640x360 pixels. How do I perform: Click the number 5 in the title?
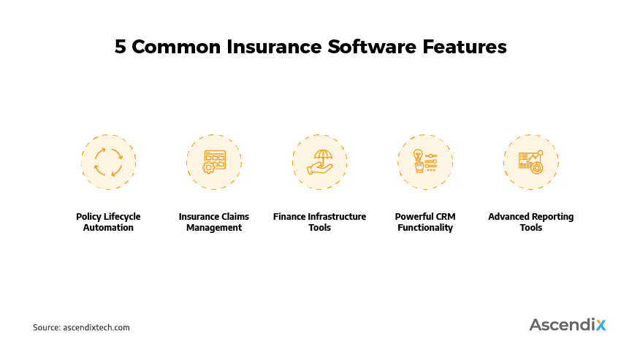click(x=121, y=47)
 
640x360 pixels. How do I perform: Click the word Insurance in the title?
click(x=274, y=47)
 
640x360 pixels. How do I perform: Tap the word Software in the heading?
click(x=371, y=47)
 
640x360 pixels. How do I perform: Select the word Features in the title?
click(x=465, y=47)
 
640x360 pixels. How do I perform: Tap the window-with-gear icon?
click(x=215, y=162)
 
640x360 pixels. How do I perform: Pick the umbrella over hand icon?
click(x=320, y=162)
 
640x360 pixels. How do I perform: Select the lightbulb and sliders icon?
click(x=425, y=161)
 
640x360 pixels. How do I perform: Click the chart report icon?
click(x=531, y=162)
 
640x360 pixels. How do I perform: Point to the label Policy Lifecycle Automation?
click(x=108, y=222)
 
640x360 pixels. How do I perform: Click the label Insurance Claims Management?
click(x=214, y=222)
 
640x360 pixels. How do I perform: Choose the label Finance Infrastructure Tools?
click(x=319, y=222)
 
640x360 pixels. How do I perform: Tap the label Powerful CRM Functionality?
click(x=425, y=222)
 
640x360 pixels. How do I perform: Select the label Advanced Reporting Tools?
click(x=531, y=222)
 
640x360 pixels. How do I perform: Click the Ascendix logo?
click(x=568, y=324)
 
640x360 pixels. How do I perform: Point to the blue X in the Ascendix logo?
click(x=601, y=325)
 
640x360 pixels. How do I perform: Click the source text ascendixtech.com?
click(x=96, y=327)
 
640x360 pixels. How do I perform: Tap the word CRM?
click(x=446, y=217)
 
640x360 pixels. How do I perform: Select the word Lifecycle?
click(x=122, y=217)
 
